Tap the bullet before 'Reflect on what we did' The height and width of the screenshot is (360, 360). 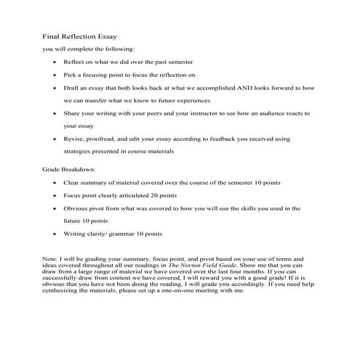tap(55, 63)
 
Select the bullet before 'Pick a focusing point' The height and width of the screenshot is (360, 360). tap(55, 74)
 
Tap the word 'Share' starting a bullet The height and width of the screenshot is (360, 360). tap(74, 113)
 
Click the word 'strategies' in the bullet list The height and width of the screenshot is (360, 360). tap(81, 151)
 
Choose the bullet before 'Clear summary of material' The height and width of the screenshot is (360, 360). tap(55, 183)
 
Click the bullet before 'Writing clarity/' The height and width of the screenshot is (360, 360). tap(55, 233)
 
